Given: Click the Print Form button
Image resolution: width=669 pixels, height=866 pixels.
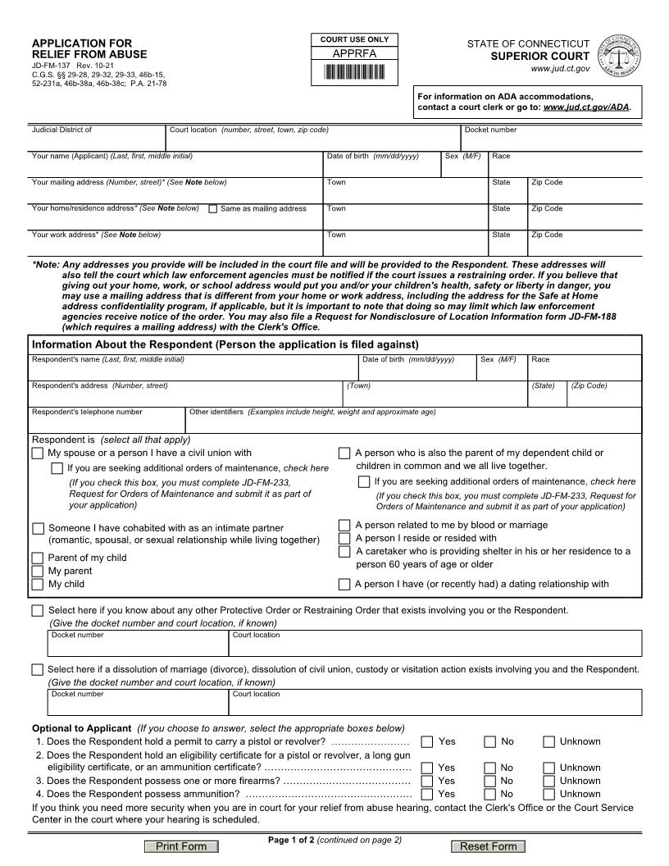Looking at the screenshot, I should click(181, 846).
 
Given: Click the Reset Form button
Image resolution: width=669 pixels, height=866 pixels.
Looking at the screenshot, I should click(488, 846).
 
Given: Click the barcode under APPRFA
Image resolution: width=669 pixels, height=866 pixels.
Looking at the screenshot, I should click(354, 71).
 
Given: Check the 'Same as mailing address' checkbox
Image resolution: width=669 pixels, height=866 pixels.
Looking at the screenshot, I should click(213, 209).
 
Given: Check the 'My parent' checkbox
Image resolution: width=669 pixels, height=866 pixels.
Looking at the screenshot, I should click(37, 572).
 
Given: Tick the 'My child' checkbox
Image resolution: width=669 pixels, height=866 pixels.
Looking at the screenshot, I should click(37, 585).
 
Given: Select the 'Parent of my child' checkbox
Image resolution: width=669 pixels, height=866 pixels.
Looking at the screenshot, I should click(37, 558).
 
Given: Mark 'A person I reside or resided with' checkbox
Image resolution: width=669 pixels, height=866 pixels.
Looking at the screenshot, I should click(344, 539).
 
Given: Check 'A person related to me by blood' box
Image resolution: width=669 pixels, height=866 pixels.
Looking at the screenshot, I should click(344, 525).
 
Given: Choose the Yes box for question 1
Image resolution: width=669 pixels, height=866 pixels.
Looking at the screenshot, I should click(427, 742).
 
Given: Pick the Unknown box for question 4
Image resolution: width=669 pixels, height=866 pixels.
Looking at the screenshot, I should click(548, 794).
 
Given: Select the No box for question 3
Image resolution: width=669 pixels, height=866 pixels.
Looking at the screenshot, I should click(489, 781).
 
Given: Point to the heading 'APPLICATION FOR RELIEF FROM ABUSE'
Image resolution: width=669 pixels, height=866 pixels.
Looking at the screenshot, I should click(89, 48).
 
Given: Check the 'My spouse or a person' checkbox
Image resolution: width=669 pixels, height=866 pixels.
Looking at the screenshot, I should click(37, 454).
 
